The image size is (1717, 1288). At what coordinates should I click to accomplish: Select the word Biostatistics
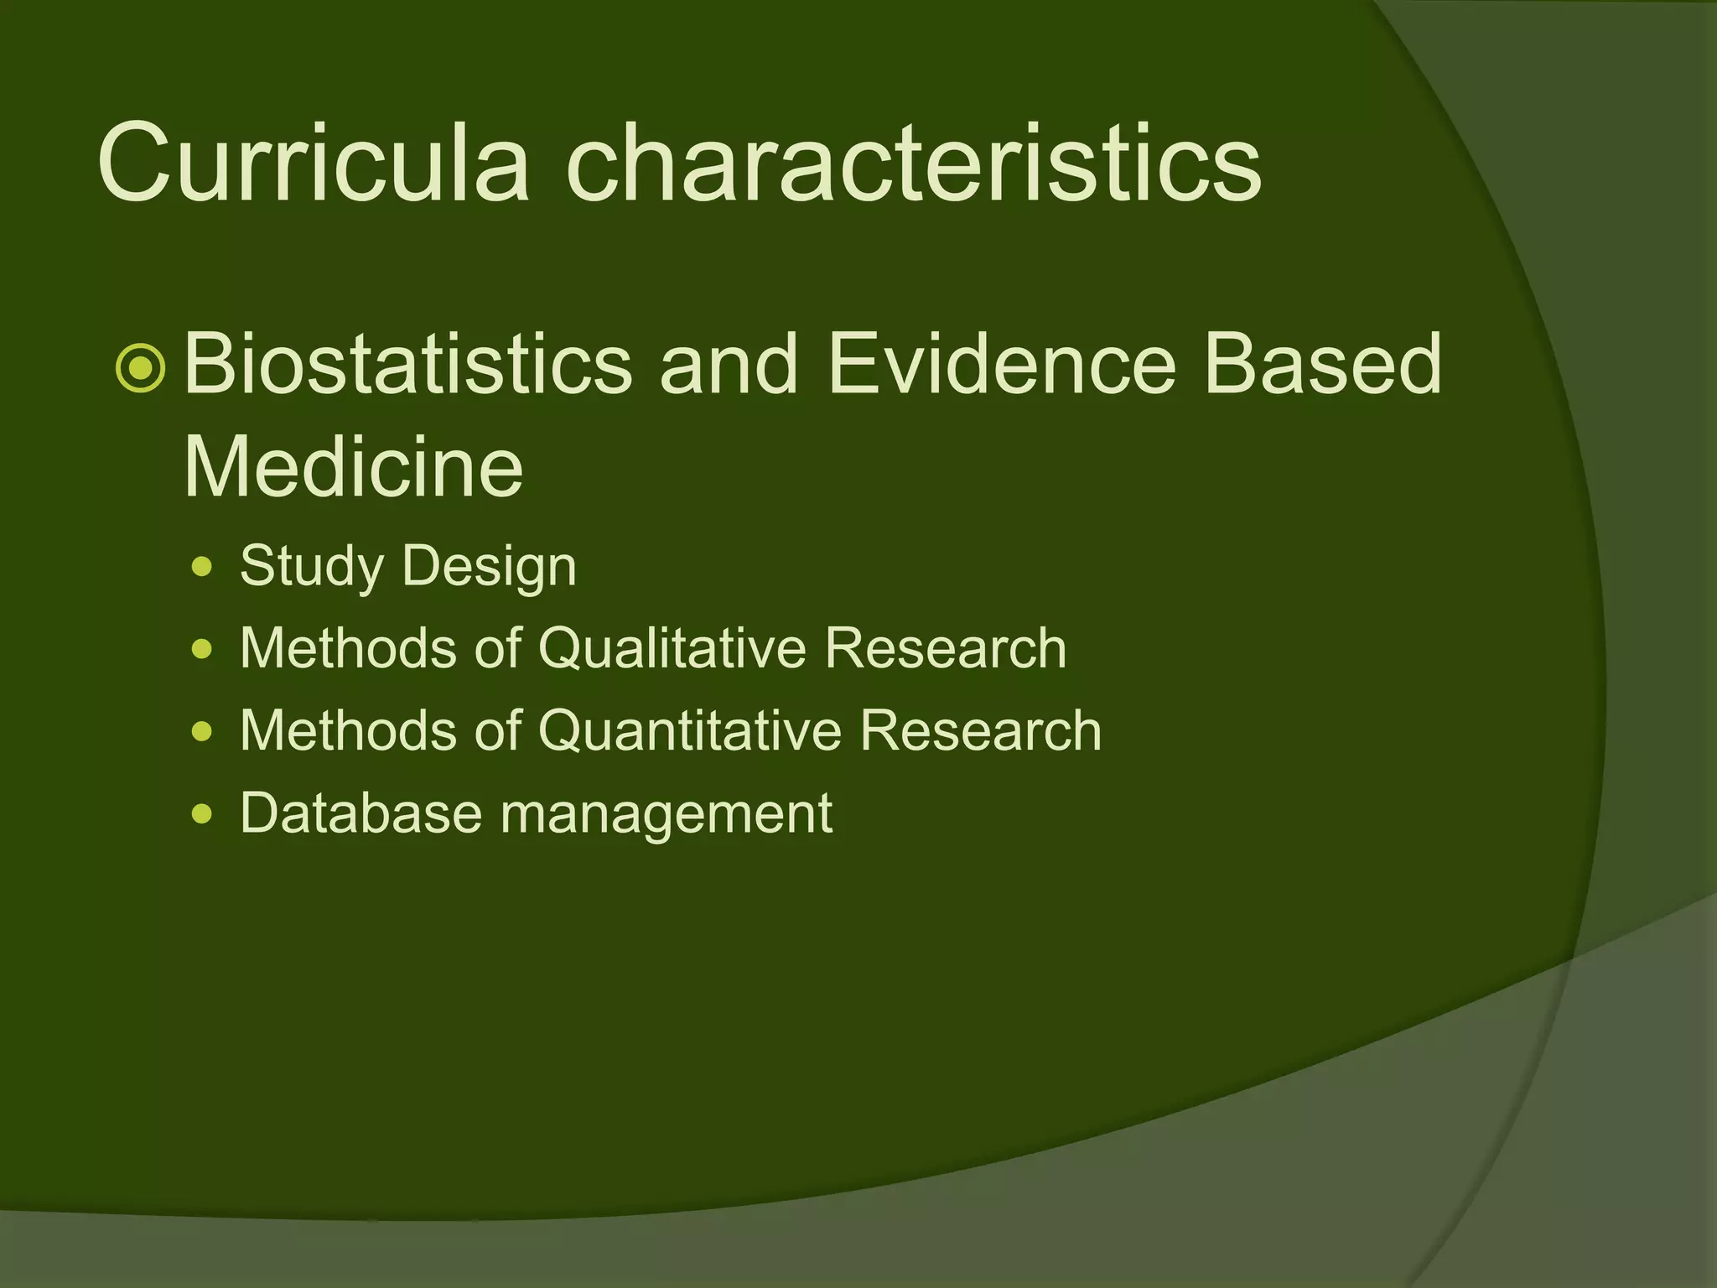point(407,363)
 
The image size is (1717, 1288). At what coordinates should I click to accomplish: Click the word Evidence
point(1002,363)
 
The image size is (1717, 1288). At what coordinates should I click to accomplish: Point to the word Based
point(1322,363)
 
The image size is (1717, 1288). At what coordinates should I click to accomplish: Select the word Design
point(490,567)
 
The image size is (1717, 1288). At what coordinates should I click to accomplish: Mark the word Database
point(361,813)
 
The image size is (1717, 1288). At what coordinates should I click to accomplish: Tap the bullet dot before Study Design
point(202,568)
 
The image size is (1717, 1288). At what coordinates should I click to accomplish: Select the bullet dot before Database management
point(202,813)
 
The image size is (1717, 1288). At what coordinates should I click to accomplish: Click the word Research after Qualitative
point(946,648)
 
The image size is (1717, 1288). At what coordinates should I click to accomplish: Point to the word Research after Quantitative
point(981,730)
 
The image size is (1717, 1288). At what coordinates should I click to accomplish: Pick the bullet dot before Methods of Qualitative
point(202,649)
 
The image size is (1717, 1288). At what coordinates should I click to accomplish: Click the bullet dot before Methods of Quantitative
point(202,731)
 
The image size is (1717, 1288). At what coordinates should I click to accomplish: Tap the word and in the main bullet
point(729,363)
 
